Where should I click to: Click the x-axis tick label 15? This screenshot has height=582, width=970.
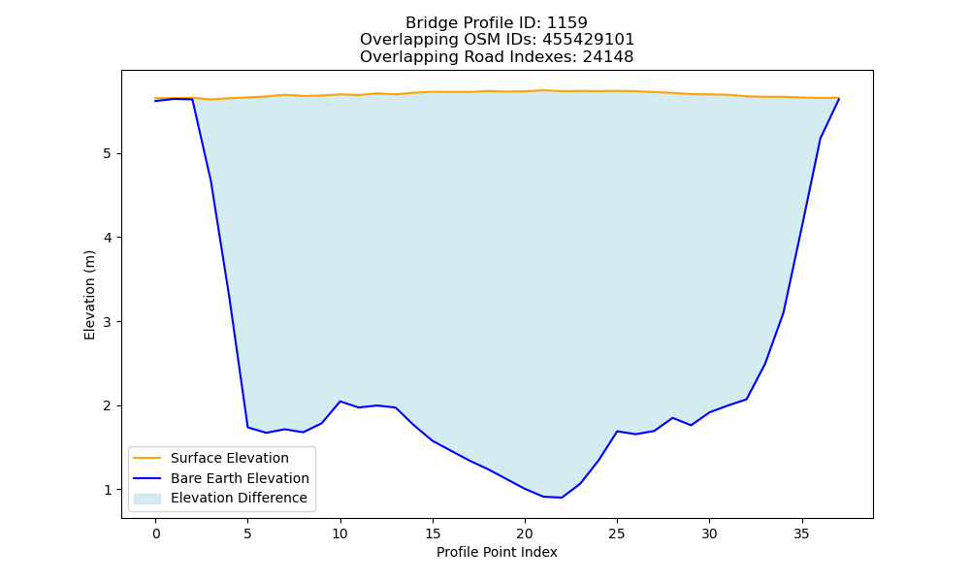pos(433,533)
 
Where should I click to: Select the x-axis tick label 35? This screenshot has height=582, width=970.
pos(802,533)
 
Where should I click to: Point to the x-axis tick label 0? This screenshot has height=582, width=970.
pos(156,533)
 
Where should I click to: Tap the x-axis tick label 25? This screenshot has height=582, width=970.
pos(617,533)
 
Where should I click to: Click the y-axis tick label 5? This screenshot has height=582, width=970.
pos(108,153)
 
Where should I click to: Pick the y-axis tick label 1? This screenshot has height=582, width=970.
pos(108,490)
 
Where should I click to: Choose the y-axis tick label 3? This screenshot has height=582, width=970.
pos(108,322)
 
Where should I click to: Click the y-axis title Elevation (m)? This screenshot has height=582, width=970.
pos(89,295)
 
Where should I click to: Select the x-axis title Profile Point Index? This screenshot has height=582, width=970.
pos(497,552)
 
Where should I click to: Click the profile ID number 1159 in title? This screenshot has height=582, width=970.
pos(567,23)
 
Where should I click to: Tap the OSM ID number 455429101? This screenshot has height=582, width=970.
pos(589,40)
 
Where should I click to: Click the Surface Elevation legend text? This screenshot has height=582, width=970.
pos(230,458)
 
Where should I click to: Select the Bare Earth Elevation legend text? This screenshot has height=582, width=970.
pos(240,478)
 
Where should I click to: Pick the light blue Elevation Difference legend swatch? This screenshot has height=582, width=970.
pos(147,499)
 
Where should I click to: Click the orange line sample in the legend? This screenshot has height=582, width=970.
pos(147,458)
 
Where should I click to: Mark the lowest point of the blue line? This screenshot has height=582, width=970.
pos(561,498)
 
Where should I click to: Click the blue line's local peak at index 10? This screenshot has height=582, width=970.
pos(339,402)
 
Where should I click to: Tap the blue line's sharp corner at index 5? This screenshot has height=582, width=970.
pos(247,428)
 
